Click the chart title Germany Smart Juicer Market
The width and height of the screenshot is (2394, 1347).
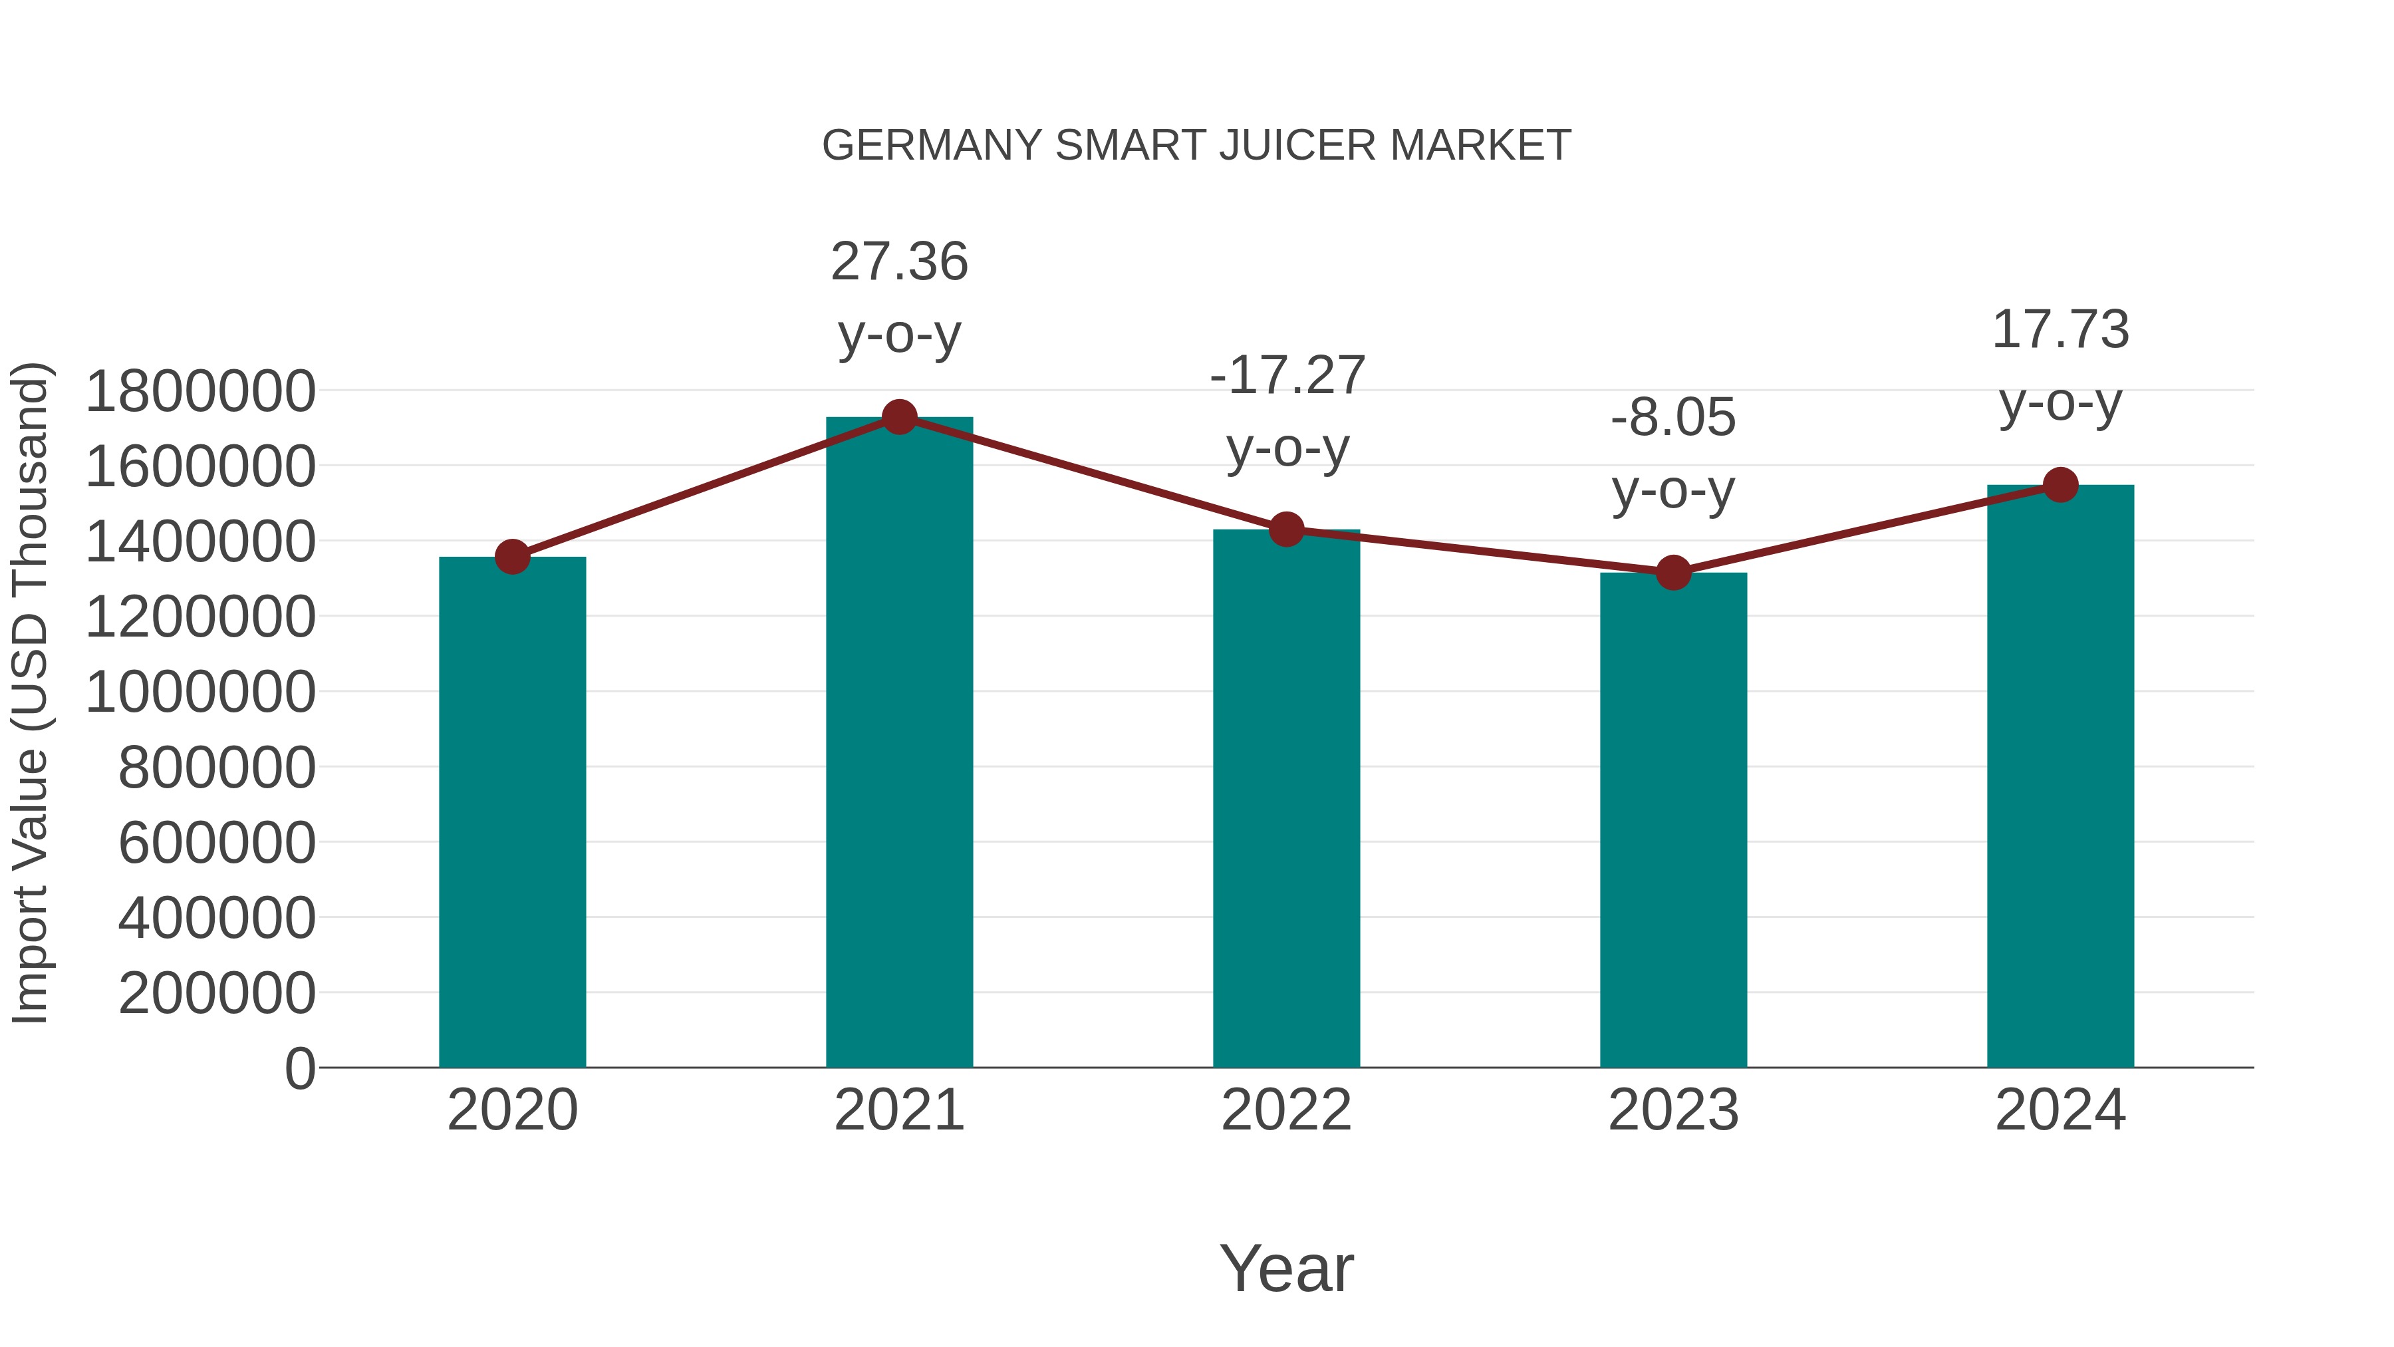pyautogui.click(x=1196, y=146)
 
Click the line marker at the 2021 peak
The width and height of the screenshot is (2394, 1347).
pyautogui.click(x=898, y=417)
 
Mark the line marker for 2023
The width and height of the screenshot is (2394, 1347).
pyautogui.click(x=1673, y=573)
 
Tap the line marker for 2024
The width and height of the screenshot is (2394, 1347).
pyautogui.click(x=2060, y=484)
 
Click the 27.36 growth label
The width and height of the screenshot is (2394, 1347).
pyautogui.click(x=898, y=261)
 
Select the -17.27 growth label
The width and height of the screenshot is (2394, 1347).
pyautogui.click(x=1286, y=376)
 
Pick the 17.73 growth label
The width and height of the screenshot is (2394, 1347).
pyautogui.click(x=2060, y=330)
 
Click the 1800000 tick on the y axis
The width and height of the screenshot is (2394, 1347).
pyautogui.click(x=199, y=391)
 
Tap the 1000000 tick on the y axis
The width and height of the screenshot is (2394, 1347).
pyautogui.click(x=199, y=692)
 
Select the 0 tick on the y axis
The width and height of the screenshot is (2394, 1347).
pyautogui.click(x=299, y=1068)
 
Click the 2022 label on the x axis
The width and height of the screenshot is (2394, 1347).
pyautogui.click(x=1286, y=1110)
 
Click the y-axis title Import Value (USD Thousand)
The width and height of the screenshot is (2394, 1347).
pyautogui.click(x=30, y=692)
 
